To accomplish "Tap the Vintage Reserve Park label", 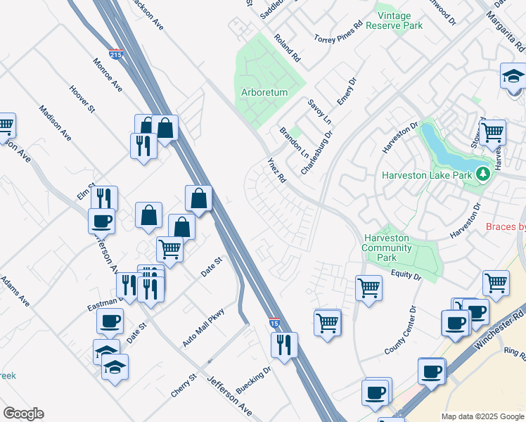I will (399, 20).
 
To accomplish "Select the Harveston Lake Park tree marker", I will (482, 173).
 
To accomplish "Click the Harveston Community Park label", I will (386, 248).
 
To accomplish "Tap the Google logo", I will (23, 414).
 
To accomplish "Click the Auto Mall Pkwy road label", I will (203, 328).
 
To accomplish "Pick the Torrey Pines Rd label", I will (338, 32).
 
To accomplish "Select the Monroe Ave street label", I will (108, 75).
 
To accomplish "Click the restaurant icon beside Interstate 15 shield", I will (284, 345).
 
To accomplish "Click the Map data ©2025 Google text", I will (482, 416).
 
